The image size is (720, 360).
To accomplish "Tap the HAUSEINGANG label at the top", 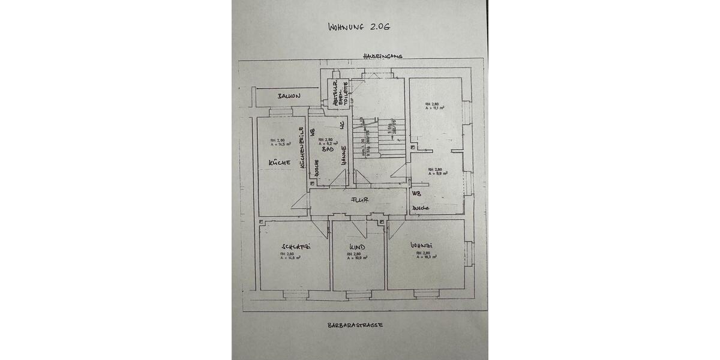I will click(x=382, y=56).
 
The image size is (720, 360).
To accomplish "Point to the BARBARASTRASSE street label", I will click(x=355, y=325).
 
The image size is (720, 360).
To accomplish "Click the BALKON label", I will click(x=289, y=96).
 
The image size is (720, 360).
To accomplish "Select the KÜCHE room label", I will click(x=280, y=163).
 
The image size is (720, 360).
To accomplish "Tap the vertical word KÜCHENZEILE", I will click(x=302, y=148).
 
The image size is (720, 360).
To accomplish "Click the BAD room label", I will click(x=327, y=149).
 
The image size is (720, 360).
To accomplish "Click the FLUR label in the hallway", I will click(x=360, y=201).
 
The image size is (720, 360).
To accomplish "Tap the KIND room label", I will click(x=358, y=247).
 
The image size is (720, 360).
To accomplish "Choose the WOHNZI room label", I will click(x=421, y=245).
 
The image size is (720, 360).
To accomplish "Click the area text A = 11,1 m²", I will click(x=434, y=108).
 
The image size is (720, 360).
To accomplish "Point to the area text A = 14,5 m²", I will click(x=280, y=144).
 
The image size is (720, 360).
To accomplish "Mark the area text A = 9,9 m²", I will click(x=435, y=174).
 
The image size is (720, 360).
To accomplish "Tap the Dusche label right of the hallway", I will click(x=420, y=208).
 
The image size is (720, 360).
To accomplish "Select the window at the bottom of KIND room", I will click(x=358, y=294).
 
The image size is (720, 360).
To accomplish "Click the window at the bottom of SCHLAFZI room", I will click(x=295, y=294).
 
